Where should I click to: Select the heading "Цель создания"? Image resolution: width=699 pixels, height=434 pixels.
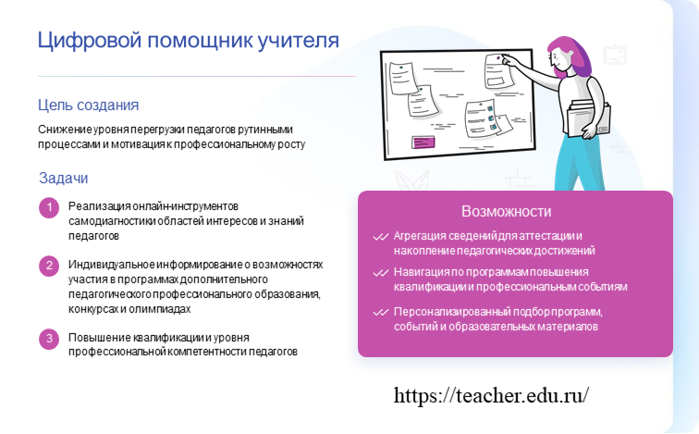(x=88, y=105)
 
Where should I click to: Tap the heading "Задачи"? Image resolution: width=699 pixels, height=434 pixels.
(x=63, y=178)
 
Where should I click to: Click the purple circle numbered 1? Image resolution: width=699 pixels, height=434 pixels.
(x=49, y=208)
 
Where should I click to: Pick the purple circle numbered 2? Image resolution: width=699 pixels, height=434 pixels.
(x=49, y=266)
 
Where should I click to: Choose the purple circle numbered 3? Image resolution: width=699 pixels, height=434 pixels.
(x=49, y=339)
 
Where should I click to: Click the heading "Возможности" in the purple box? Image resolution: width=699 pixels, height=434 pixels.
(x=506, y=211)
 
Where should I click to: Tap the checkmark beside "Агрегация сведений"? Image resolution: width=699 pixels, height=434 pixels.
(x=381, y=237)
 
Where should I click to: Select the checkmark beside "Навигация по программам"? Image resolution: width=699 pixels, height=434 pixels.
(x=381, y=273)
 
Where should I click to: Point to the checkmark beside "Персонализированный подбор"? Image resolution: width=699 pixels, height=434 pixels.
(x=381, y=312)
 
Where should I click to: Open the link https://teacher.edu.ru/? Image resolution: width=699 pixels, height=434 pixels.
(x=491, y=396)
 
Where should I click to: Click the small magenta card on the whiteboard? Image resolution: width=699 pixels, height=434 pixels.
(x=423, y=143)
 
